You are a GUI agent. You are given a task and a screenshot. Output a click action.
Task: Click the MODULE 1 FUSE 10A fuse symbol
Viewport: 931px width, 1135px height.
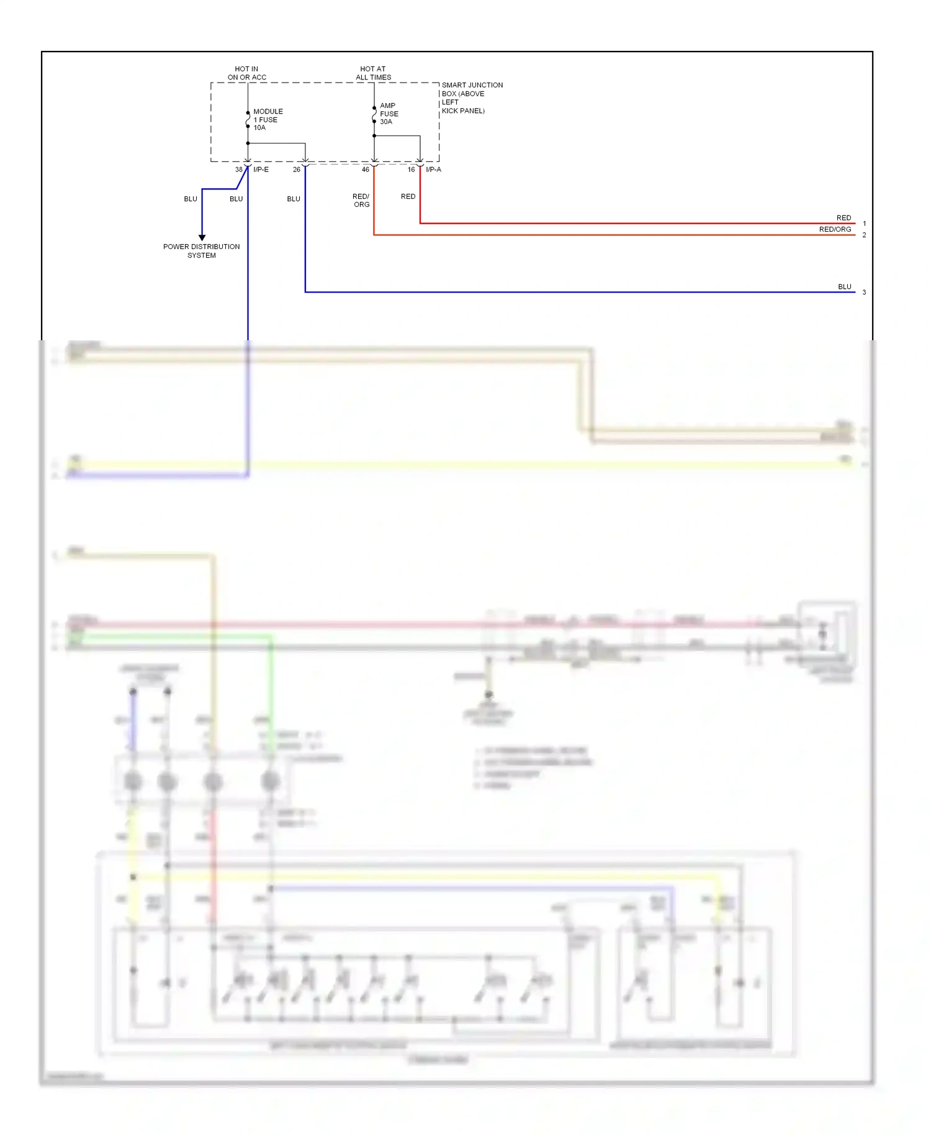point(248,119)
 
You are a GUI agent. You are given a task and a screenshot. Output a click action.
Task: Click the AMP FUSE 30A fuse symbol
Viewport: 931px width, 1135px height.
point(374,114)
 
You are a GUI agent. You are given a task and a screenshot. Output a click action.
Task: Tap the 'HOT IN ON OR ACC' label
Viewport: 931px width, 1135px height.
point(246,73)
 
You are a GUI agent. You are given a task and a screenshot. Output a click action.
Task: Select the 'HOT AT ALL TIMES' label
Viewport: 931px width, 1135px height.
point(373,73)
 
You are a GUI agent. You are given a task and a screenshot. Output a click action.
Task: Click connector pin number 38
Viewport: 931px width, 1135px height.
point(238,170)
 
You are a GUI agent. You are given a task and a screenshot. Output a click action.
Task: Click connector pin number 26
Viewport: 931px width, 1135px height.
point(296,170)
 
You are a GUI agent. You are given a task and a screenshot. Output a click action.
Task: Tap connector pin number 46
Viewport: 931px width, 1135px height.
point(365,170)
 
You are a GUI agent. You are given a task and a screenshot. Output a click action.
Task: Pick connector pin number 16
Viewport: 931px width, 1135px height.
point(411,170)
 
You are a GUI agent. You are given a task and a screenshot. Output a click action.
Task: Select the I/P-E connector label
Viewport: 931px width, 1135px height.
point(261,170)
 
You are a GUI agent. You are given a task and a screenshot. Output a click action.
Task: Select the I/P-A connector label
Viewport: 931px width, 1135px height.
point(433,170)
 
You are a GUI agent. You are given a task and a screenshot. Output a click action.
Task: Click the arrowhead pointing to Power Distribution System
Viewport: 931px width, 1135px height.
point(202,237)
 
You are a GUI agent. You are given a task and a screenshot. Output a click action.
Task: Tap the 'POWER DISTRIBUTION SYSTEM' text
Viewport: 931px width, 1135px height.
point(201,251)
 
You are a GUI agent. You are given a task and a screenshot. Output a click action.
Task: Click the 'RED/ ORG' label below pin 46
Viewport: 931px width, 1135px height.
point(361,200)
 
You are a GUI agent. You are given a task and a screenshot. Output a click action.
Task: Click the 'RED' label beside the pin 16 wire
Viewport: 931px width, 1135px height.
point(408,196)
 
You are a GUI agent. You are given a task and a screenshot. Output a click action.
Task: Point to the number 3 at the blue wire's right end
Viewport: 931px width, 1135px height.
point(864,292)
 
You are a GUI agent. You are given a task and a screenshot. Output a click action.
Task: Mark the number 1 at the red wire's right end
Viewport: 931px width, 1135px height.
point(864,224)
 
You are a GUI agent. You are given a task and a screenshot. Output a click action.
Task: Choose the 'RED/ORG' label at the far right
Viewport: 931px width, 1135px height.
point(835,229)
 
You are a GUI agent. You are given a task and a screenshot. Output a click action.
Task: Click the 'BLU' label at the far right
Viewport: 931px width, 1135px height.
point(844,287)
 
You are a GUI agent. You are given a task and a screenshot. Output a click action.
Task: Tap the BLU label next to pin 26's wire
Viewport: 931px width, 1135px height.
point(294,199)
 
